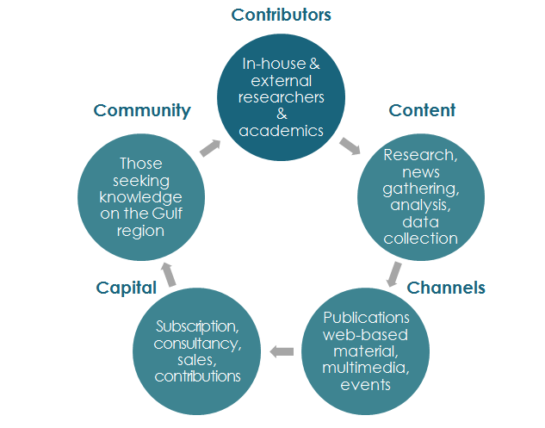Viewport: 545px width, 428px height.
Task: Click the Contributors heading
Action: [282, 15]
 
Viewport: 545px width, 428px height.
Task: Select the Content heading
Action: [422, 110]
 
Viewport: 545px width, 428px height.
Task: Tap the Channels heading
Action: [446, 287]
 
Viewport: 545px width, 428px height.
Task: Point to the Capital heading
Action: [126, 287]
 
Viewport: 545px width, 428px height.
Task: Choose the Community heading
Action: [142, 110]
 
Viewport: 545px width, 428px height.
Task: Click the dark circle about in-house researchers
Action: [282, 96]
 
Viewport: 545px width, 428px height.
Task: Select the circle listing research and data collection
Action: [420, 195]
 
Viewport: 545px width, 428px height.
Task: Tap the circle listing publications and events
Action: [366, 351]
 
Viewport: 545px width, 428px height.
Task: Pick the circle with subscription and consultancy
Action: [197, 351]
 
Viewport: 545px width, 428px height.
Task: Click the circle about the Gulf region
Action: [141, 195]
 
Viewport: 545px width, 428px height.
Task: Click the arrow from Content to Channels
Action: [393, 274]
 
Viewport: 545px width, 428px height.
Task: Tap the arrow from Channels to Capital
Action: [282, 351]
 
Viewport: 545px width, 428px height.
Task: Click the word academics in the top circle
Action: [282, 131]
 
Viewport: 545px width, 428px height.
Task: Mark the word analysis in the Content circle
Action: [420, 206]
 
